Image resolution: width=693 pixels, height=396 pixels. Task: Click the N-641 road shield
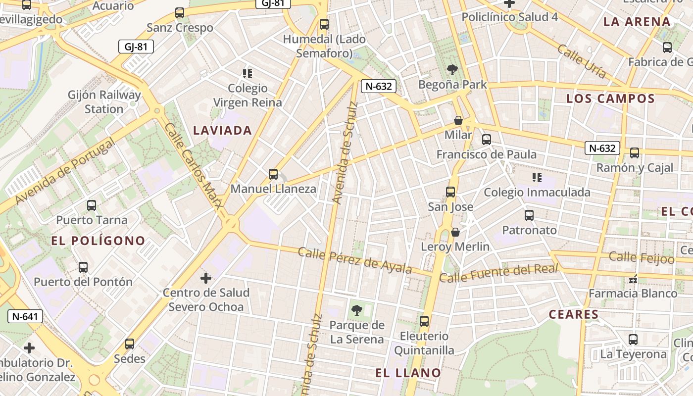[x=25, y=316]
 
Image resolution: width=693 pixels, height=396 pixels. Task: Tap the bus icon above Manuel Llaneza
[x=273, y=174]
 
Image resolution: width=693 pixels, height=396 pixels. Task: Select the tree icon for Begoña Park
[x=452, y=70]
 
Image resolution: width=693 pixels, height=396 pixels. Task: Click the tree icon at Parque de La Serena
[x=356, y=310]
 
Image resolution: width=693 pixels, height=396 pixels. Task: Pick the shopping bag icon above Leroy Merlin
[x=455, y=232]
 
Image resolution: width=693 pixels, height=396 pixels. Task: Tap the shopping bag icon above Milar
[x=458, y=120]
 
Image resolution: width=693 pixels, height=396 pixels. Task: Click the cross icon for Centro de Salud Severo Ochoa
[x=206, y=278]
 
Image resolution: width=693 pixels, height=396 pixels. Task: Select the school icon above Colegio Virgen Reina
[x=247, y=74]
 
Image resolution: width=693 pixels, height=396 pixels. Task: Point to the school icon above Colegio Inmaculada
[x=537, y=177]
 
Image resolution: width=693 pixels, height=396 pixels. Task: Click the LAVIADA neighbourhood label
[x=223, y=131]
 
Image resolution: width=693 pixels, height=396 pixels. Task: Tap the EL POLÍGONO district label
[x=99, y=241]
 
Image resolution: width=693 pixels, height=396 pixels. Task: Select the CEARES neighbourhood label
[x=574, y=314]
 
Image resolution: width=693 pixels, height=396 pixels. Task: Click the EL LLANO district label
[x=408, y=373]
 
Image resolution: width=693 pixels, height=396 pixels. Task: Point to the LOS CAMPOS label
[x=611, y=99]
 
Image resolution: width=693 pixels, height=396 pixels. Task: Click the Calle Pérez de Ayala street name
[x=354, y=260]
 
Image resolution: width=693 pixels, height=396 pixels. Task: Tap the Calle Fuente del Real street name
[x=499, y=273]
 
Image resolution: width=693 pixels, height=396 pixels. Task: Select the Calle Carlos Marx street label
[x=193, y=165]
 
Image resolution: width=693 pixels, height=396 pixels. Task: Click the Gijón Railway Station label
[x=104, y=101]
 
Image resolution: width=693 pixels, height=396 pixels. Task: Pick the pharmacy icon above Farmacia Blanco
[x=633, y=280]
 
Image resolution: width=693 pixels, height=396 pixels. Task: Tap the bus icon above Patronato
[x=529, y=215]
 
